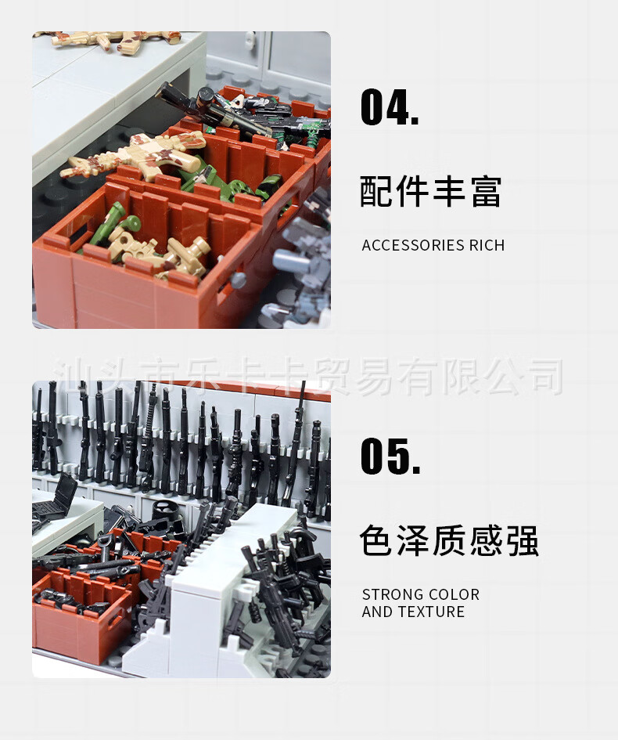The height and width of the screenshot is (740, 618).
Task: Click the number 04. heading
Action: pos(390,107)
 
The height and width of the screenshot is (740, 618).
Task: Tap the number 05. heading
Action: pos(390,456)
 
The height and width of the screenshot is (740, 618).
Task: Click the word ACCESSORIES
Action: pos(407,245)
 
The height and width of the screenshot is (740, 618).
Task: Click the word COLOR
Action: pos(452,594)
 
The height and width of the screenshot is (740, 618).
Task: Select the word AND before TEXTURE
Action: pos(378,612)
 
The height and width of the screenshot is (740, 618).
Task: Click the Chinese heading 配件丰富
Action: pos(431,191)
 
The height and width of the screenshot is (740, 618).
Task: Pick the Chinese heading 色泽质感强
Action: pos(449,540)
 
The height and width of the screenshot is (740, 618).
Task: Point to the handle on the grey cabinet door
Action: pos(250,39)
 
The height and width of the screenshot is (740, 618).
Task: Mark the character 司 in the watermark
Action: pos(546,376)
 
